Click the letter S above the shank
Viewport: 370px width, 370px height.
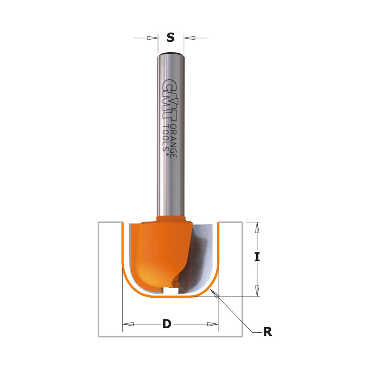pos(170,37)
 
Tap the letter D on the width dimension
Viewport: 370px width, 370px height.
pos(167,324)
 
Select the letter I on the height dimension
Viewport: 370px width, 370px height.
pos(257,257)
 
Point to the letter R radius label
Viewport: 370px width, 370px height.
pos(267,332)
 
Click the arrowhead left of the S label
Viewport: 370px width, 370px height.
pos(152,38)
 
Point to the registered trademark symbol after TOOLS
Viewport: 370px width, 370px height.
pos(167,155)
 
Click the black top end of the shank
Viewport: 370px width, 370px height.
pos(171,53)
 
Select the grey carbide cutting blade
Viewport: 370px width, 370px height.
pos(201,257)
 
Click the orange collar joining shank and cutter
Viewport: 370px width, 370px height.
pos(171,219)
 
